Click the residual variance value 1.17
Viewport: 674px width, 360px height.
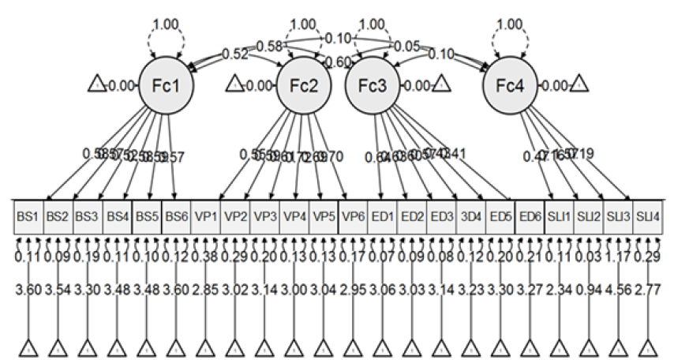[618, 257]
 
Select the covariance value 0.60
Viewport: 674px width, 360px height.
[338, 62]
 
